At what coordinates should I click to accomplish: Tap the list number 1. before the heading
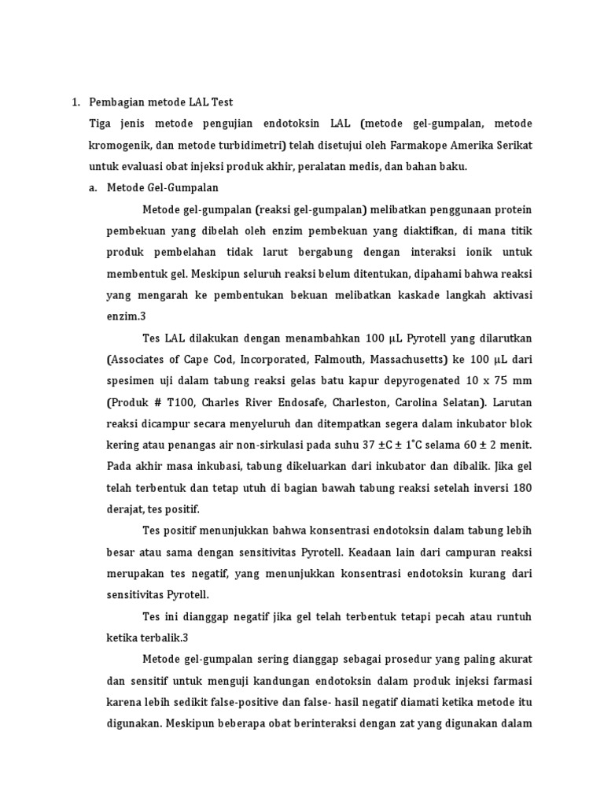click(76, 102)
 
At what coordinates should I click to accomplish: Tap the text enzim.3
click(126, 316)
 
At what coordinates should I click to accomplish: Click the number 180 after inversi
click(521, 488)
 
